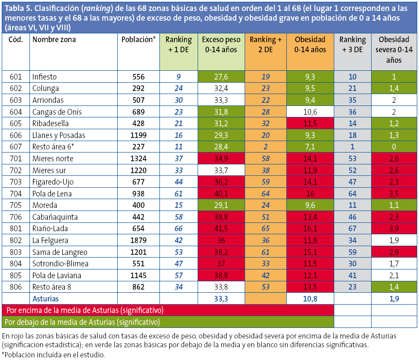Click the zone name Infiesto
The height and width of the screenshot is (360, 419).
pos(44,77)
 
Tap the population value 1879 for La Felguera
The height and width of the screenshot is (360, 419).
pos(138,240)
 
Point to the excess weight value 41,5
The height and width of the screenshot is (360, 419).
pos(220,229)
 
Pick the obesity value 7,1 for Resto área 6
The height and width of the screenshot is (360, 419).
pos(310,147)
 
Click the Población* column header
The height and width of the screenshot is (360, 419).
pos(138,40)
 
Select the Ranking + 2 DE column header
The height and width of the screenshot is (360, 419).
pos(265,44)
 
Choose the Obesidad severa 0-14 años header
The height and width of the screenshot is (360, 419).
pos(394,49)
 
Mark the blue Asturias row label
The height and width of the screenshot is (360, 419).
pos(46,298)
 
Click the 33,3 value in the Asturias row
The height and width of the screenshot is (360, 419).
pos(220,298)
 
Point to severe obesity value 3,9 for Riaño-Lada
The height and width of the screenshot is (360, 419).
pos(394,229)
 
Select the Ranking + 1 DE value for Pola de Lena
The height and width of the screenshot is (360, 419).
pos(178,193)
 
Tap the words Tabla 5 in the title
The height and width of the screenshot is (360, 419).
pos(18,8)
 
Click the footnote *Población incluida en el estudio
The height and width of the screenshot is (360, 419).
pos(53,354)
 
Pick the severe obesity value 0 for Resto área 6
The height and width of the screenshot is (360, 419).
pos(394,147)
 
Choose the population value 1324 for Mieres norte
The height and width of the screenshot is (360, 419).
pos(138,159)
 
